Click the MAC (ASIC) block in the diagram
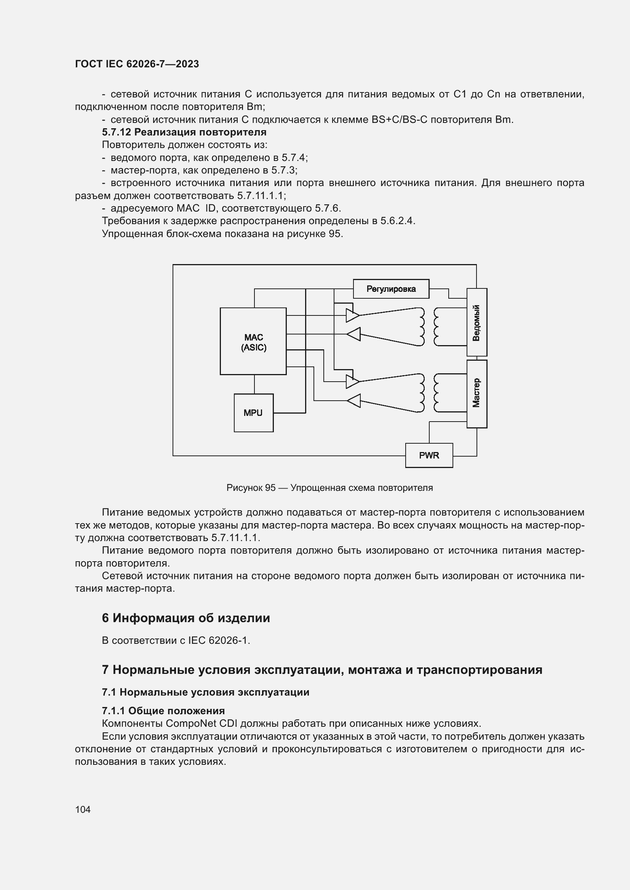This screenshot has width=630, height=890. pyautogui.click(x=253, y=341)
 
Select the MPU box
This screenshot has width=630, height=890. pyautogui.click(x=253, y=413)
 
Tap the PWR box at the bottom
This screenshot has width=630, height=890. pyautogui.click(x=429, y=455)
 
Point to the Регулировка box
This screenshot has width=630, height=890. pyautogui.click(x=391, y=289)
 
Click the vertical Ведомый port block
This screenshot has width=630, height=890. pyautogui.click(x=476, y=322)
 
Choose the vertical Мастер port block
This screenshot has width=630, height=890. pyautogui.click(x=476, y=393)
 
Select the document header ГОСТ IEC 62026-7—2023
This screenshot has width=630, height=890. pyautogui.click(x=137, y=64)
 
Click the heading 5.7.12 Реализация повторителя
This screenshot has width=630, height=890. pyautogui.click(x=184, y=132)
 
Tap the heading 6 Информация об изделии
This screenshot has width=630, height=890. pyautogui.click(x=186, y=618)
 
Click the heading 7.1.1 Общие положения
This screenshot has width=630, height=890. pyautogui.click(x=163, y=711)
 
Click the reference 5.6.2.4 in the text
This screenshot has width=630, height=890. pyautogui.click(x=397, y=221)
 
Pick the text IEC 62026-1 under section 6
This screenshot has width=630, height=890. pyautogui.click(x=219, y=640)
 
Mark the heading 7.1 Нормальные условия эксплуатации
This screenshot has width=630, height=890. pyautogui.click(x=206, y=692)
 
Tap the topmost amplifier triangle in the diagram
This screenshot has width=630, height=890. pyautogui.click(x=353, y=315)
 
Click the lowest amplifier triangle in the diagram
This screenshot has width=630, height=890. pyautogui.click(x=353, y=401)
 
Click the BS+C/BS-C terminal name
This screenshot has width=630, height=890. pyautogui.click(x=399, y=119)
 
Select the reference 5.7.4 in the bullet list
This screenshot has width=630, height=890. pyautogui.click(x=294, y=158)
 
